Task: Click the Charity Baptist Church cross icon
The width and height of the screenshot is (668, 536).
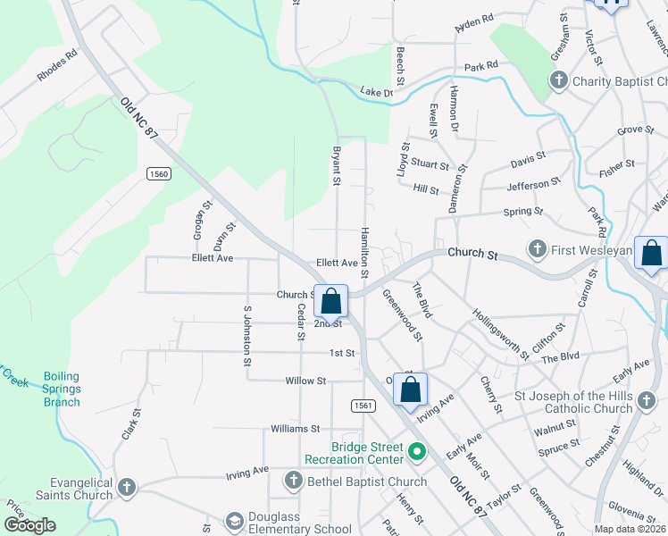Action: tap(558, 82)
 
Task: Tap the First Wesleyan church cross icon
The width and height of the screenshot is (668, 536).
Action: tap(537, 247)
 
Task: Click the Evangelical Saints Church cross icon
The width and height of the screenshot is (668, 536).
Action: tap(127, 488)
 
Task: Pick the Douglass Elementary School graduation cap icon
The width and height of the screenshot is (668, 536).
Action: tap(234, 521)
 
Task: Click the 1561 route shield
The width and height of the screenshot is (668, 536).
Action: tap(363, 406)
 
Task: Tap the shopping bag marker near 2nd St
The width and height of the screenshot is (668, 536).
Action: tap(330, 301)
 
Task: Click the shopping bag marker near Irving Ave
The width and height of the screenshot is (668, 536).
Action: tap(410, 389)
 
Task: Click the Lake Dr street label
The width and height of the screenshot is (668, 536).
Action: tap(377, 91)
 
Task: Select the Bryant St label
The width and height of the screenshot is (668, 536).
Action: tap(338, 166)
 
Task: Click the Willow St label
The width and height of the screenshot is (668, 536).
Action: tap(305, 381)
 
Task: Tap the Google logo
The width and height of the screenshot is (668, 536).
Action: tap(29, 524)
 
